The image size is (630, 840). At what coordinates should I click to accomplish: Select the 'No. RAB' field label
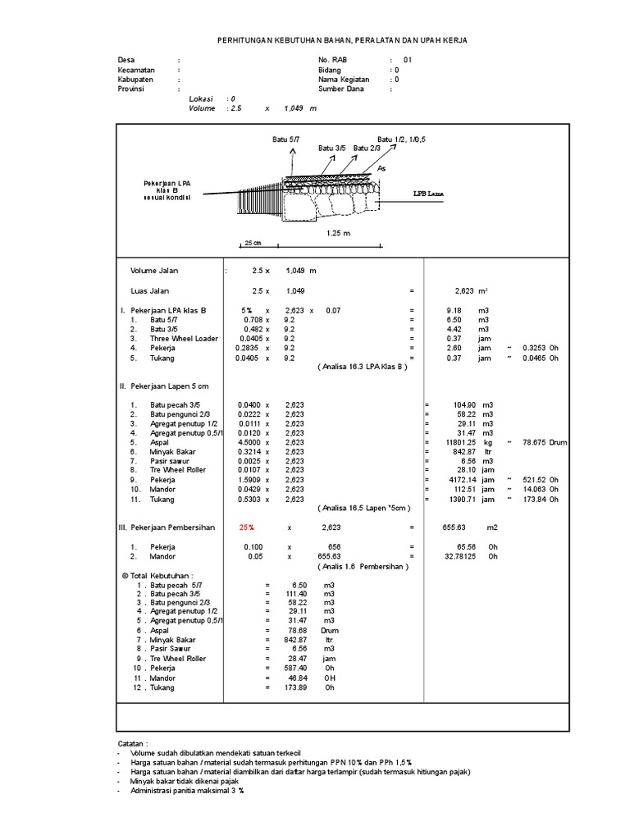(x=333, y=61)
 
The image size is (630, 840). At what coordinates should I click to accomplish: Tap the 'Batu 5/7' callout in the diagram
(x=286, y=140)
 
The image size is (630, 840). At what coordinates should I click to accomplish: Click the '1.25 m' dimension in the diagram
(x=338, y=233)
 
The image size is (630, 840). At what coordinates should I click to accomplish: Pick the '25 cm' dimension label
(x=252, y=244)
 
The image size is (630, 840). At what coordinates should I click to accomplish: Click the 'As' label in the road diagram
(x=382, y=168)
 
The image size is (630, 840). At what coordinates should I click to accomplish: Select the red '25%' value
(x=247, y=527)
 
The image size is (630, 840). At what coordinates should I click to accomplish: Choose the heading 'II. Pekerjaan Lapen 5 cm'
(x=165, y=386)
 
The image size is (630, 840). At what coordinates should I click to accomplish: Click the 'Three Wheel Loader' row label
(x=184, y=338)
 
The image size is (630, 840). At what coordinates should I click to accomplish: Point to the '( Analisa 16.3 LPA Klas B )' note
(x=362, y=367)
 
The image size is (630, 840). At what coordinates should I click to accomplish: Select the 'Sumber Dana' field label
(x=341, y=89)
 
